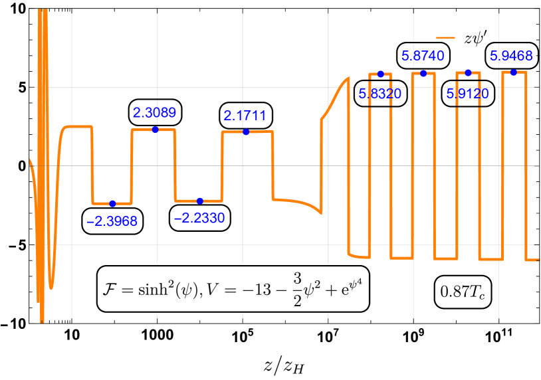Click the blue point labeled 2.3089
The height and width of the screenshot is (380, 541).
point(156,129)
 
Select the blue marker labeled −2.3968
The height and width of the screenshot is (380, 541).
point(112,203)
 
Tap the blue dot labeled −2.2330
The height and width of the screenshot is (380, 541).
point(200,201)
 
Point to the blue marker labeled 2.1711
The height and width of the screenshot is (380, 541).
point(246,132)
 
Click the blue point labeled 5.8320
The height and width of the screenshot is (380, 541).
point(381,74)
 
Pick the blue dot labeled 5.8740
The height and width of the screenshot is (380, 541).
point(423,73)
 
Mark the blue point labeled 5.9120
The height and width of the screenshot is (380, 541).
point(468,72)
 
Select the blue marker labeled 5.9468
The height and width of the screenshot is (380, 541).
point(513,72)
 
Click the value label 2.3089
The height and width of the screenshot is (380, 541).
point(154,113)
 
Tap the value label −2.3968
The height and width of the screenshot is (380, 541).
point(112,221)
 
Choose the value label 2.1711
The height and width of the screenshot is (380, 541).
point(245,116)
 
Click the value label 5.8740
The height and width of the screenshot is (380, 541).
point(423,56)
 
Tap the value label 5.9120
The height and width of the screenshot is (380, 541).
point(468,94)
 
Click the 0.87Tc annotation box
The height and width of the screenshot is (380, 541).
point(463,290)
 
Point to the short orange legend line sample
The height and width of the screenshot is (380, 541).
point(445,38)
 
